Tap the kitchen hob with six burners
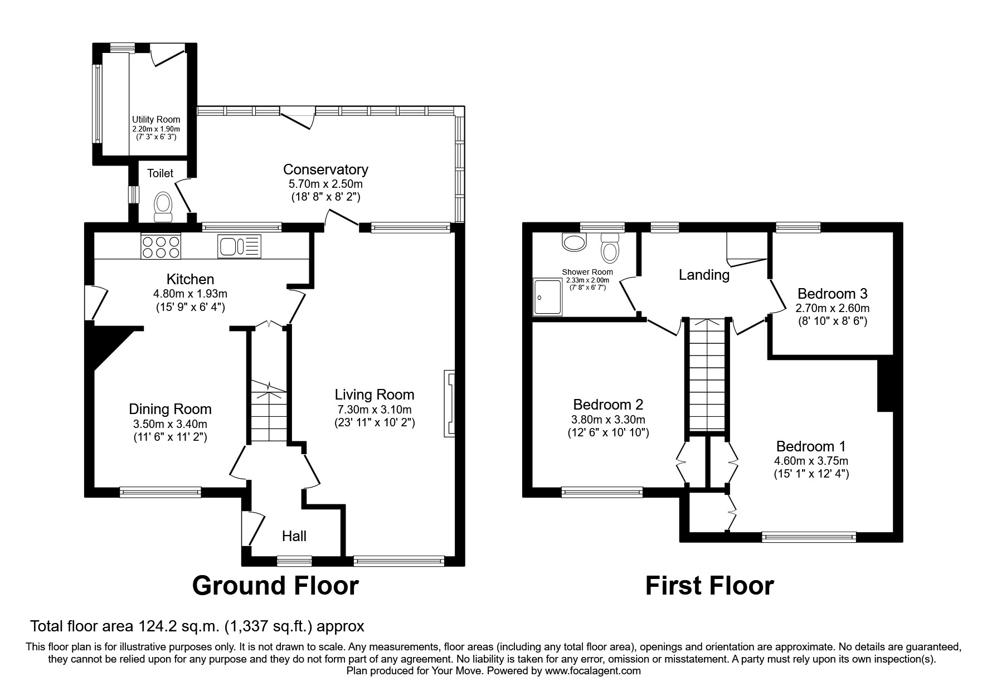[x=161, y=246]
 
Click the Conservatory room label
[x=325, y=169]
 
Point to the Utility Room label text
[x=156, y=119]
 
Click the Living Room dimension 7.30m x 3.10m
[x=375, y=410]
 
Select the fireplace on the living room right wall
[x=449, y=403]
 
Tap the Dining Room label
[x=170, y=409]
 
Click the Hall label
[x=294, y=536]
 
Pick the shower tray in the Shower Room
[x=547, y=297]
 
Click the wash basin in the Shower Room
[x=575, y=242]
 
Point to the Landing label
[x=704, y=275]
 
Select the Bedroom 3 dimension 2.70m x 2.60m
[x=832, y=308]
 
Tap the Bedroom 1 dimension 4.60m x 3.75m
[x=811, y=461]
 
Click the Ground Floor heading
[x=275, y=586]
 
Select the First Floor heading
[x=709, y=586]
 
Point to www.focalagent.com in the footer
[x=592, y=671]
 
